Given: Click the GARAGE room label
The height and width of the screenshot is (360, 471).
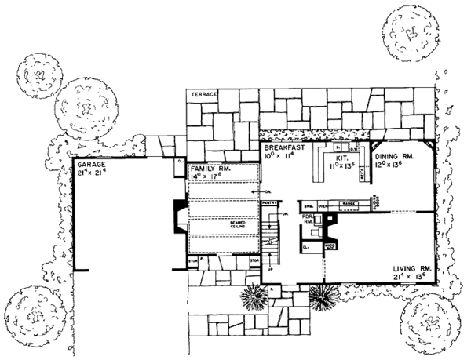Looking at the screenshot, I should coord(91,162).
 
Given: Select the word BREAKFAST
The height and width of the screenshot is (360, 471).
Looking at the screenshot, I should coord(281,147).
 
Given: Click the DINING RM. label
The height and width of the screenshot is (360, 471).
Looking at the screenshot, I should coord(407,156).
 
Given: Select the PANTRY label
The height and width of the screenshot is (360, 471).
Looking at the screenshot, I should coord(270,203).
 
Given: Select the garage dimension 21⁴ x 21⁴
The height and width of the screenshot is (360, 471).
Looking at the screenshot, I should coord(92,171).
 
